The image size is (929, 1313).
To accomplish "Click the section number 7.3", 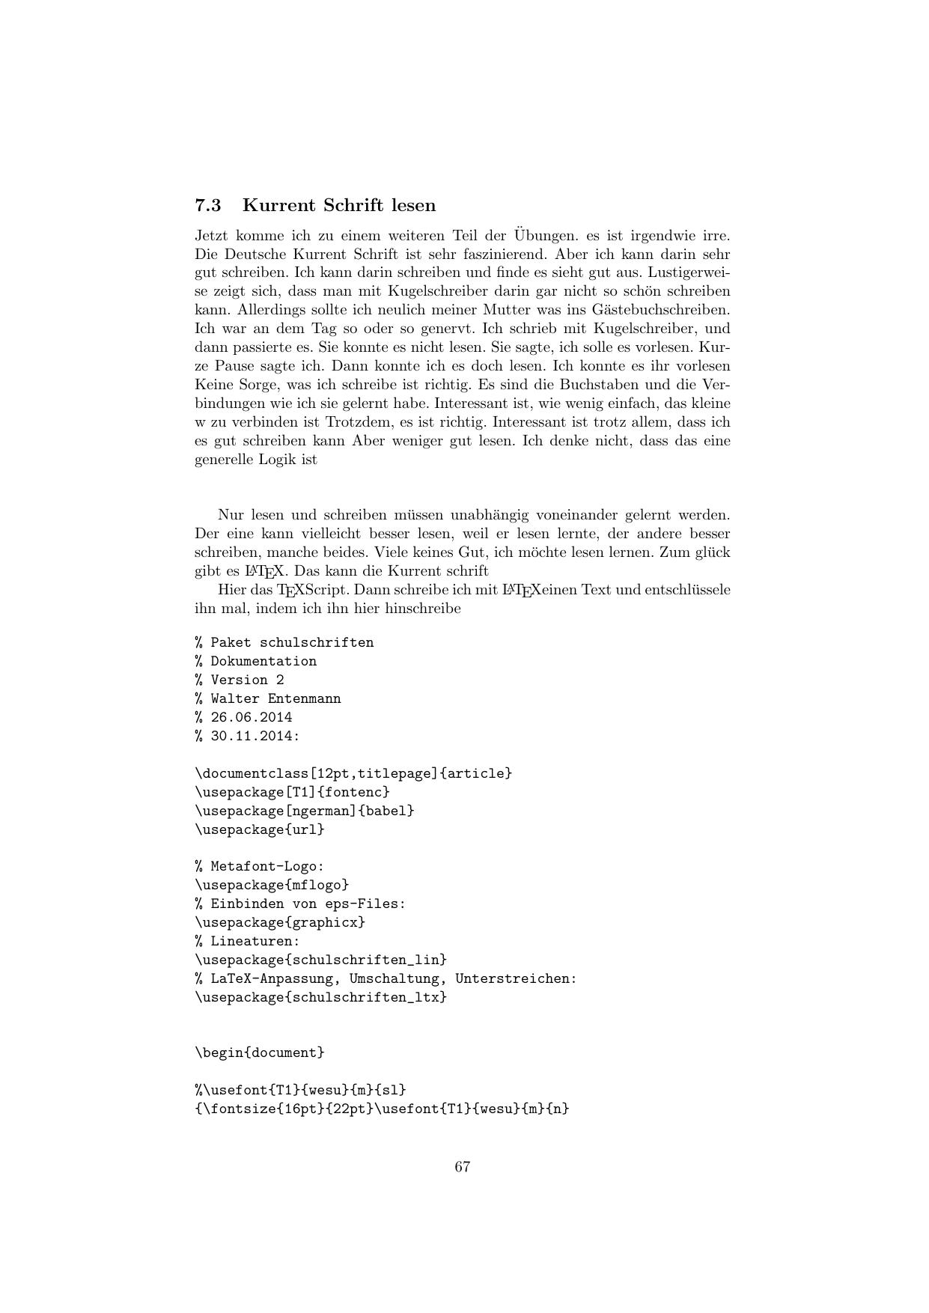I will click(x=208, y=205).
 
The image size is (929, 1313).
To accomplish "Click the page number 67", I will click(x=463, y=1166).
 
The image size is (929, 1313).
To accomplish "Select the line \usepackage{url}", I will click(x=260, y=829).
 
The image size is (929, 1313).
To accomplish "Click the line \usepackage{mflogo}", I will click(x=272, y=885).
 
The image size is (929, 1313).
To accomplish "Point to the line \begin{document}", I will click(x=260, y=1052).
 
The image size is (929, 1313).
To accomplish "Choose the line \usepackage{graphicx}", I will click(x=280, y=922).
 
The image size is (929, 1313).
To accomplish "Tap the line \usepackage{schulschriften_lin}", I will click(x=320, y=960).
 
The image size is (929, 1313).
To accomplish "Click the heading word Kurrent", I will click(x=278, y=205).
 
